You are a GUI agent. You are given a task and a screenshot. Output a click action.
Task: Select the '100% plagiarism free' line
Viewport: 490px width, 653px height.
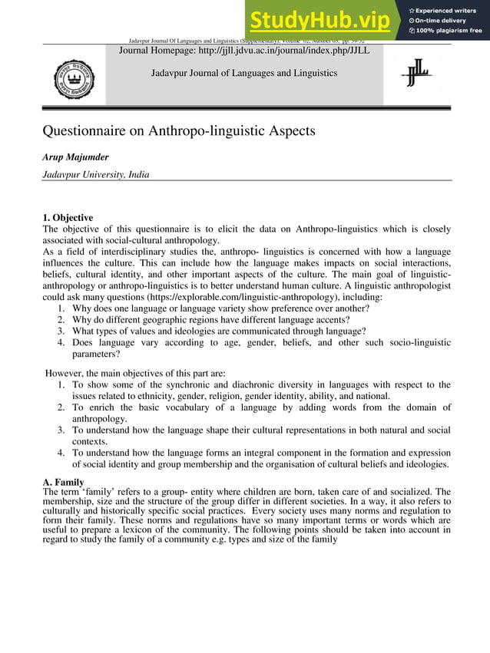(x=450, y=31)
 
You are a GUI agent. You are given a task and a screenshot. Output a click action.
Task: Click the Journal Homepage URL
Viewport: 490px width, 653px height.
(x=244, y=50)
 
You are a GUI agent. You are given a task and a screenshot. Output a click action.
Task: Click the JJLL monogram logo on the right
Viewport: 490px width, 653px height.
(x=417, y=74)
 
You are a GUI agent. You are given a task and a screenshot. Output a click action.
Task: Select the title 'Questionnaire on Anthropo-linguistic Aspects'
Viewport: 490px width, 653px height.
(x=179, y=130)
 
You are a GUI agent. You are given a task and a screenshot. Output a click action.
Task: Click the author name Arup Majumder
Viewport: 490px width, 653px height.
(x=76, y=157)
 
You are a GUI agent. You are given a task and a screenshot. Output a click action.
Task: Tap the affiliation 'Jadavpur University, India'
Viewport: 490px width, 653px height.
(x=96, y=174)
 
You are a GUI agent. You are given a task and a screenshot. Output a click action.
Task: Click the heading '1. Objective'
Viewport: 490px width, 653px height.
(x=68, y=218)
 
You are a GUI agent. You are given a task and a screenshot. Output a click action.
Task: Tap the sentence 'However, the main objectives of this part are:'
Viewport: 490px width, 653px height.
(x=136, y=373)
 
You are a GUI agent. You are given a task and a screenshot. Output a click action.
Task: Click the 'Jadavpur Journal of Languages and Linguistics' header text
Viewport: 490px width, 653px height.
(x=244, y=73)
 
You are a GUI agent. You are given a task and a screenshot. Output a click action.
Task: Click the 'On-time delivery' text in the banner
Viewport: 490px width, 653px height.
(x=445, y=21)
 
